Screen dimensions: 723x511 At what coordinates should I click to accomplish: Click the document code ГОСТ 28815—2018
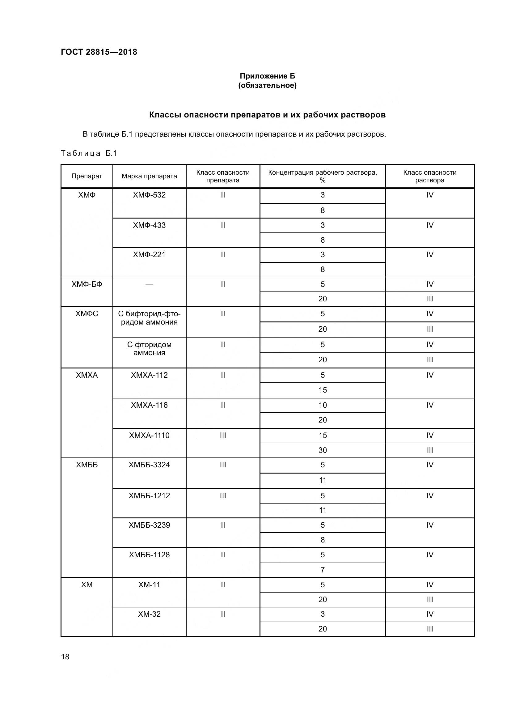coord(99,52)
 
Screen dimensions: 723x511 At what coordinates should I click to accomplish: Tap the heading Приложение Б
coord(267,76)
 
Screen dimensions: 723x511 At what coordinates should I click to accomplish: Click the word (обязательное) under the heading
coord(267,85)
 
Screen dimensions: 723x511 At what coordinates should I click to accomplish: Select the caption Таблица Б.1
coord(89,153)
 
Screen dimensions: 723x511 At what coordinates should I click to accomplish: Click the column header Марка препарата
coord(149,176)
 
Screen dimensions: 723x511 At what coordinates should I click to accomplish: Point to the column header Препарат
coord(87,176)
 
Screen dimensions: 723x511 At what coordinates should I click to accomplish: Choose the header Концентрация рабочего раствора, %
coord(322,176)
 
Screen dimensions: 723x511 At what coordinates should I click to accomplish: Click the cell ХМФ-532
coord(149,195)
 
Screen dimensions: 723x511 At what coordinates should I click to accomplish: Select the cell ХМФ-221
coord(149,254)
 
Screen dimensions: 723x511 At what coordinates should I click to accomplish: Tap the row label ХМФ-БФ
coord(87,284)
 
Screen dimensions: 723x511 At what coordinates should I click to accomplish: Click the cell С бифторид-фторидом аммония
coord(149,318)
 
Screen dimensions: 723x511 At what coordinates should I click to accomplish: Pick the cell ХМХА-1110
coord(149,436)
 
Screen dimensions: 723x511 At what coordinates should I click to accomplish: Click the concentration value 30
coord(323,450)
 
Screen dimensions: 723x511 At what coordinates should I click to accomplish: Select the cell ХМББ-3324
coord(149,465)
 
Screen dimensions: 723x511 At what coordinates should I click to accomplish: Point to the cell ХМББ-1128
coord(149,555)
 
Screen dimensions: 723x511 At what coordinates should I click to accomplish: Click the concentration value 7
coord(323,570)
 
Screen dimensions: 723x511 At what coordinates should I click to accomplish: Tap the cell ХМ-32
coord(149,614)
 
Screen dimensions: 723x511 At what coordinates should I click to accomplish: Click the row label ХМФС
coord(87,314)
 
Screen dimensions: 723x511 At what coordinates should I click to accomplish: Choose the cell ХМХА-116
coord(149,405)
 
